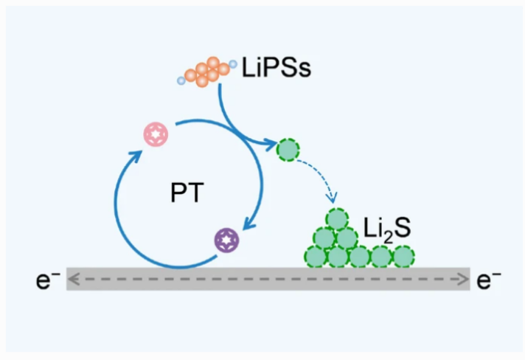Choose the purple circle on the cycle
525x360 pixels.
225,240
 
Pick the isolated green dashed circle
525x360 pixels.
288,150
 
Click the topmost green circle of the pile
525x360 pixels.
336,219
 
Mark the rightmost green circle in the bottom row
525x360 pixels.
403,256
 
